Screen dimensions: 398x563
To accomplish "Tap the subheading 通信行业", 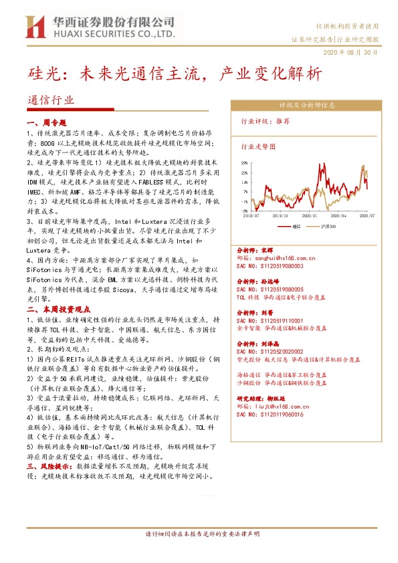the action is pyautogui.click(x=50, y=100).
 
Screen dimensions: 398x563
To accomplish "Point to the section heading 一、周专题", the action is pyautogui.click(x=46, y=123).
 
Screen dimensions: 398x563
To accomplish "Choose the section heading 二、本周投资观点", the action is pyautogui.click(x=58, y=310).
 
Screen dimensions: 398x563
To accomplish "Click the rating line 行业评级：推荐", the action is pyautogui.click(x=266, y=122).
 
